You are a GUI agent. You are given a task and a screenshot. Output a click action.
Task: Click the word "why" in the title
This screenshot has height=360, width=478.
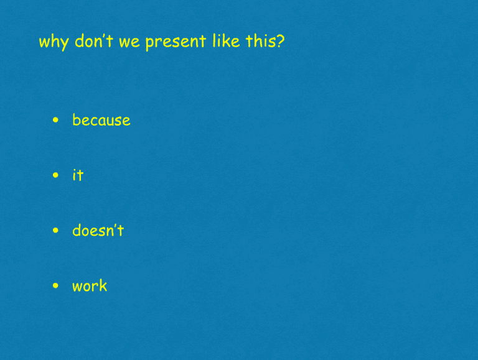pyautogui.click(x=54, y=42)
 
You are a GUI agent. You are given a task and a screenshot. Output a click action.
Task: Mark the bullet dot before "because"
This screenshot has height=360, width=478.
pyautogui.click(x=56, y=120)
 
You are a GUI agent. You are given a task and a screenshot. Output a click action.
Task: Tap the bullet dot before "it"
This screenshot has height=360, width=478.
pyautogui.click(x=56, y=175)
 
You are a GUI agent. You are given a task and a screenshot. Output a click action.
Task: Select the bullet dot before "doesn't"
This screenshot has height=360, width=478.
pyautogui.click(x=56, y=231)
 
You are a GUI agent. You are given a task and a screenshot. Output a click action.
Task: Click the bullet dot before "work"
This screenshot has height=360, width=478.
pyautogui.click(x=56, y=286)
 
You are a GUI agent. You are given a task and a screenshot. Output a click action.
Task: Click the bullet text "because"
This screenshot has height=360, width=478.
pyautogui.click(x=101, y=120)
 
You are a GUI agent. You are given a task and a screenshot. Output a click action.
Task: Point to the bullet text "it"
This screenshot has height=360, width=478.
pyautogui.click(x=78, y=175)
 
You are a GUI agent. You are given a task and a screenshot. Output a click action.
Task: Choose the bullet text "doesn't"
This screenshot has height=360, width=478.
pyautogui.click(x=98, y=231)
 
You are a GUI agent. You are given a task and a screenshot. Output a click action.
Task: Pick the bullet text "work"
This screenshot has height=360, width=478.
pyautogui.click(x=90, y=286)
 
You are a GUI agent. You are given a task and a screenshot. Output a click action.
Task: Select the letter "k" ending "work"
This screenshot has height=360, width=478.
pyautogui.click(x=103, y=286)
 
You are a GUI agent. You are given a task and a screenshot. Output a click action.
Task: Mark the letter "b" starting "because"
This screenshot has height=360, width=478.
pyautogui.click(x=76, y=119)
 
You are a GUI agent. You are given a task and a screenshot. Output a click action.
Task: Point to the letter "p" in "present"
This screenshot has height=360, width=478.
pyautogui.click(x=149, y=44)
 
